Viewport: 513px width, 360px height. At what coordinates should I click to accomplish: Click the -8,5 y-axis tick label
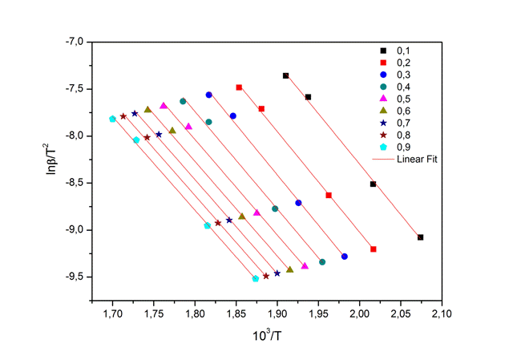coord(77,183)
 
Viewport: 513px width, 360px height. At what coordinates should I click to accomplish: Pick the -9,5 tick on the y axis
coord(77,277)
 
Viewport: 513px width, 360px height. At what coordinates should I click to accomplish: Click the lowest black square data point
coord(420,237)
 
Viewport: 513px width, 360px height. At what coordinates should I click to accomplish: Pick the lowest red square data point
coord(373,249)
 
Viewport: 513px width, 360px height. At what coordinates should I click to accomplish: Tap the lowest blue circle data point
coord(345,257)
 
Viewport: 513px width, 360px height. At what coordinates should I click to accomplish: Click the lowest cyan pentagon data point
coord(256,278)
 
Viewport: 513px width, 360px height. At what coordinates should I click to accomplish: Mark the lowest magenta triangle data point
coord(305,265)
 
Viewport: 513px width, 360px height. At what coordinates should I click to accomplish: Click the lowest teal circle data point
coord(322,262)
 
